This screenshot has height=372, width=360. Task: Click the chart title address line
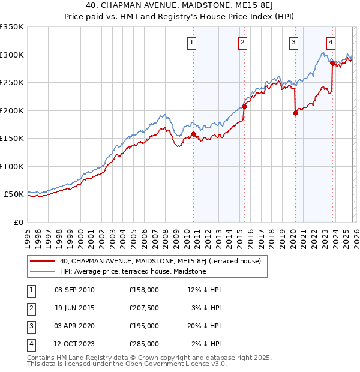pos(180,7)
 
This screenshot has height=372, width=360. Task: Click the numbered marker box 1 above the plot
pos(191,42)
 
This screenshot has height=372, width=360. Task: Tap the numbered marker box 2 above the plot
pos(242,42)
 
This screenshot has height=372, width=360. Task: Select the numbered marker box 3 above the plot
pos(293,42)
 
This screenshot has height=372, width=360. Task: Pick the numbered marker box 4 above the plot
pos(331,42)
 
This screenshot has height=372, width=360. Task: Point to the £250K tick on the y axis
pos(12,83)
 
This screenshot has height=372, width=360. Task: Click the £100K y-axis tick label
pos(12,167)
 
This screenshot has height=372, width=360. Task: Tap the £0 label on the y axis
pos(18,223)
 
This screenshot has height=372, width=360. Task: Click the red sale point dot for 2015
pos(244,107)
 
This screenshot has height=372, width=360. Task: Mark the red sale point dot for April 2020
pos(295,113)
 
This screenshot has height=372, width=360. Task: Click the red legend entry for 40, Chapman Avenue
pos(160,262)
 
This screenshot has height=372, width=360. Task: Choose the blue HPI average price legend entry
pos(133,272)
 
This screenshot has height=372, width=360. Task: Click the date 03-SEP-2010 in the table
pos(74,290)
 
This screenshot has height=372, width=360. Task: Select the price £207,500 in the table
pos(143,308)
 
